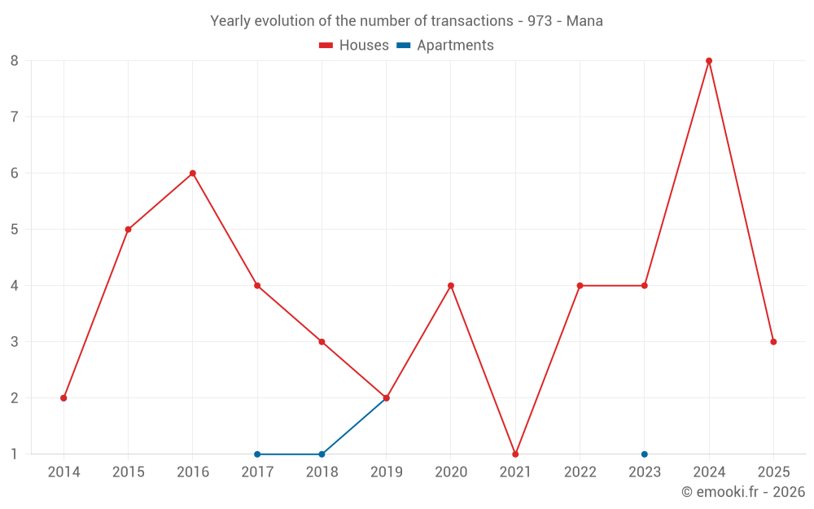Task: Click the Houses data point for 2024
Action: [x=709, y=60]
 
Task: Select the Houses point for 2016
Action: [x=193, y=173]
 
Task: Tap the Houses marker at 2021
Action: [x=515, y=454]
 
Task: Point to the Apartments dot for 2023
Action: [x=645, y=454]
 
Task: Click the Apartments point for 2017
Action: [x=257, y=454]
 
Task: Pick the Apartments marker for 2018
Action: [x=322, y=454]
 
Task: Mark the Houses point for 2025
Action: [x=773, y=341]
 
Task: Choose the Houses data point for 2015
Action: [x=128, y=229]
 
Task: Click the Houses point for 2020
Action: [x=451, y=285]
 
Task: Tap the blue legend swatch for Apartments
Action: [x=404, y=46]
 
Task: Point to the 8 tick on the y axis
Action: [x=15, y=60]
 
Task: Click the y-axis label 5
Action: [x=15, y=229]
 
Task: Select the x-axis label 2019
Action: [x=387, y=472]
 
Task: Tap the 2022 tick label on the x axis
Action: [x=580, y=472]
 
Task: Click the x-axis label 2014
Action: [x=63, y=472]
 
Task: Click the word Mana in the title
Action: [x=584, y=21]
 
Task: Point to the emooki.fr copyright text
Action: [x=743, y=492]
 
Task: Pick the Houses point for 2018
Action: [x=322, y=341]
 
